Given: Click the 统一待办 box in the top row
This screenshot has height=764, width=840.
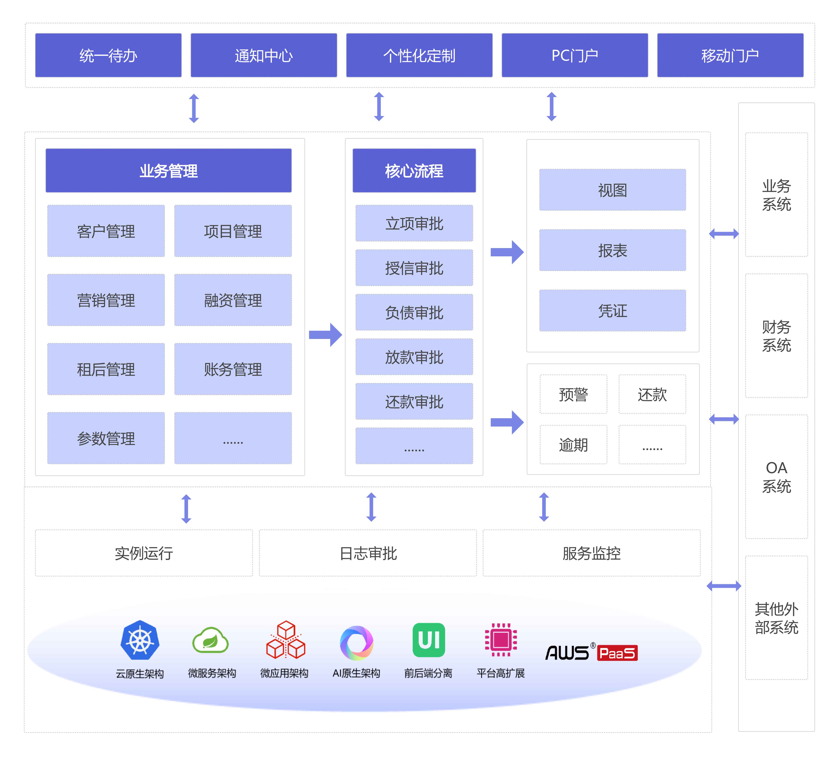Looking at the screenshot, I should (x=108, y=55).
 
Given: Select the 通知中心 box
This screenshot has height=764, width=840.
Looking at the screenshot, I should (x=264, y=55).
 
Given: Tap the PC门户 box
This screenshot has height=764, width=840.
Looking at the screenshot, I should (x=575, y=55).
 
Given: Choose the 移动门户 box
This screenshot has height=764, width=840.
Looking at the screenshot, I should (x=730, y=55).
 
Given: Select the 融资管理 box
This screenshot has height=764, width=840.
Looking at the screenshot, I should (x=233, y=300).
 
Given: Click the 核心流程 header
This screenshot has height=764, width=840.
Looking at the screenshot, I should (x=414, y=171).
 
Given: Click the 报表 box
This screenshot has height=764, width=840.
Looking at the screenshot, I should (x=613, y=250).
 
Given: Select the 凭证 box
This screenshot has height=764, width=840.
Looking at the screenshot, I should (x=613, y=311).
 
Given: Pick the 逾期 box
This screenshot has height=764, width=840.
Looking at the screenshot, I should (x=573, y=445).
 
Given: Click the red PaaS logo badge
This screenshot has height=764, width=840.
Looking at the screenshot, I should (x=617, y=653).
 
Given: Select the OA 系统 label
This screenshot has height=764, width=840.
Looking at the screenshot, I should (x=776, y=477).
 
